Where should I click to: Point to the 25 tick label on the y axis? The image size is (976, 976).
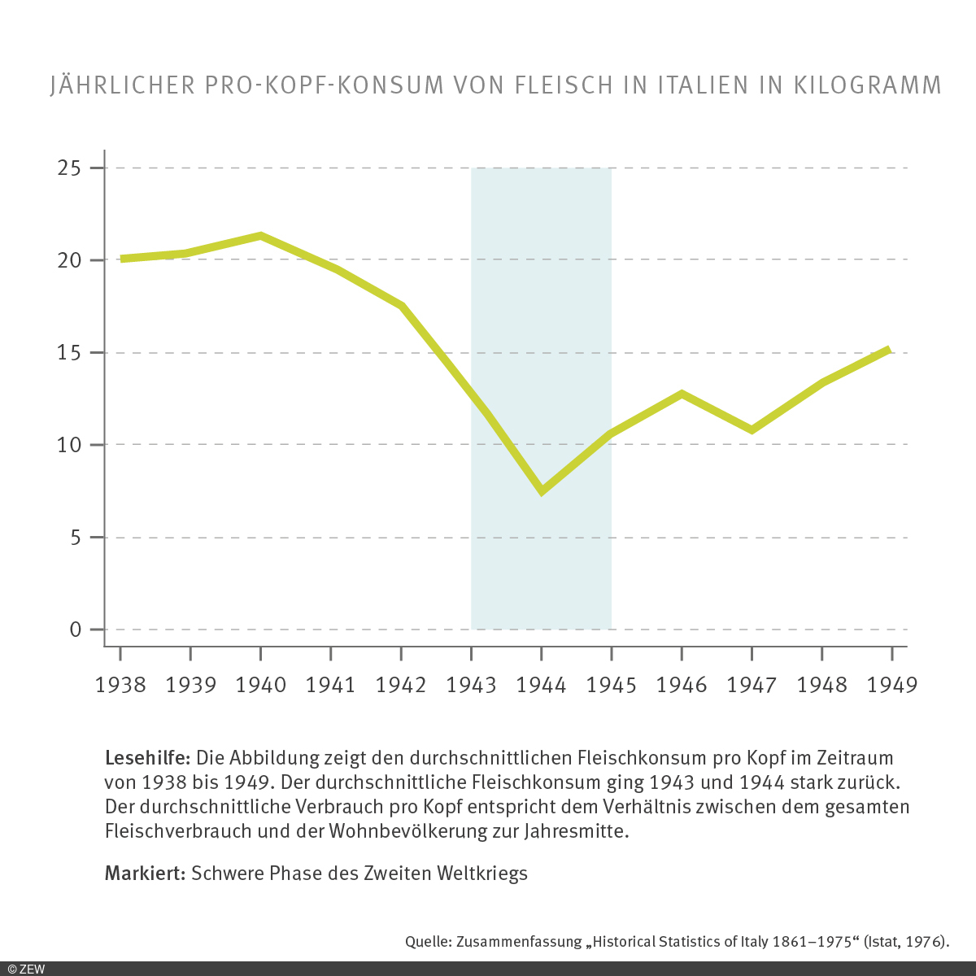click(x=69, y=168)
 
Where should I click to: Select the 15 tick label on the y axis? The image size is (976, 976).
click(x=69, y=353)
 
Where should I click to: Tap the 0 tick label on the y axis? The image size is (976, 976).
click(x=76, y=630)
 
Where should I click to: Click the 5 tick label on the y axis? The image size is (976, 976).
click(x=76, y=538)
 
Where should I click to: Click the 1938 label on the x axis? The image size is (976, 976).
click(x=120, y=685)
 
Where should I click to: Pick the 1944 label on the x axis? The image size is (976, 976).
click(x=541, y=685)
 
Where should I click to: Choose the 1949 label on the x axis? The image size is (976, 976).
click(x=892, y=685)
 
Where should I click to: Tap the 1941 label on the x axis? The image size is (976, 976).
click(x=330, y=685)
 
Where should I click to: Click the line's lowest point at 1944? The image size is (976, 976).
click(x=542, y=491)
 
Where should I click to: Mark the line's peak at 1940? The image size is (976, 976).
click(x=260, y=237)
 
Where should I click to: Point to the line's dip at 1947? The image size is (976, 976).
click(x=752, y=429)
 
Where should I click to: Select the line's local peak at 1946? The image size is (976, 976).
click(x=682, y=394)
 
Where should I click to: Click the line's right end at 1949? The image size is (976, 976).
click(x=890, y=350)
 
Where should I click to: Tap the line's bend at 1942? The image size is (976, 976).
click(x=401, y=306)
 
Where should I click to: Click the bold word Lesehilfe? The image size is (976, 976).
click(x=147, y=758)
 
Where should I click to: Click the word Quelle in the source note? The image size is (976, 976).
click(x=428, y=942)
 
